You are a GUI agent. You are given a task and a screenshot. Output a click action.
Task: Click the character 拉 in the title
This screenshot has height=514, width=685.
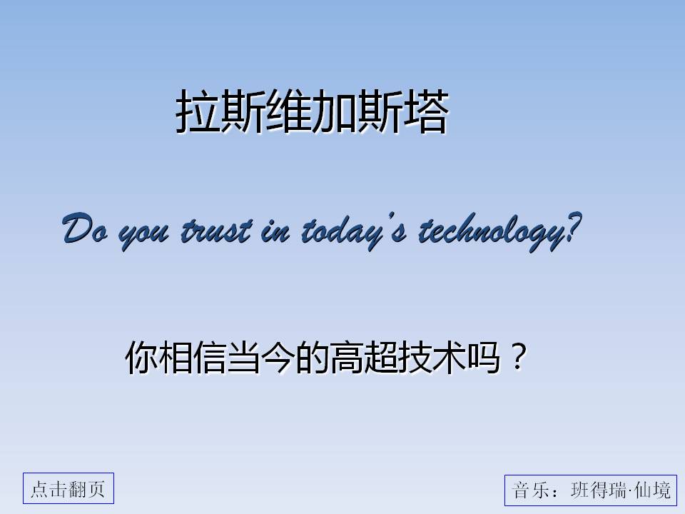pyautogui.click(x=198, y=111)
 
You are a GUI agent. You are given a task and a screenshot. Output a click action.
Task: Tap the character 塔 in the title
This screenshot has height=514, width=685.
pyautogui.click(x=426, y=111)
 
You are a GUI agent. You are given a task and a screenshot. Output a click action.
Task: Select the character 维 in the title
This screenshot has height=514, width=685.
pyautogui.click(x=289, y=111)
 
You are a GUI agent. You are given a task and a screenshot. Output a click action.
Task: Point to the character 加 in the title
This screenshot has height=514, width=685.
pyautogui.click(x=334, y=111)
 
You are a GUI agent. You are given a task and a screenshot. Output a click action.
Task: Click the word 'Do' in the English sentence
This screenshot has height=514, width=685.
pyautogui.click(x=85, y=228)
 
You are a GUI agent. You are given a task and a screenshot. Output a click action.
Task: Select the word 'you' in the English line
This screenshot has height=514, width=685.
pyautogui.click(x=143, y=235)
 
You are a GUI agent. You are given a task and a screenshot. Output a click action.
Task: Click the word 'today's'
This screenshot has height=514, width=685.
pyautogui.click(x=354, y=231)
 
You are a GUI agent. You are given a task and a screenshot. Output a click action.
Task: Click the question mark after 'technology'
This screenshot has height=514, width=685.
pyautogui.click(x=573, y=227)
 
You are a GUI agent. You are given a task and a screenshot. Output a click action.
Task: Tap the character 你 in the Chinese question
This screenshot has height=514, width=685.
pyautogui.click(x=142, y=357)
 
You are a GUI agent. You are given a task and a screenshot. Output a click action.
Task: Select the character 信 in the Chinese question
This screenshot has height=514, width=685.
pyautogui.click(x=210, y=357)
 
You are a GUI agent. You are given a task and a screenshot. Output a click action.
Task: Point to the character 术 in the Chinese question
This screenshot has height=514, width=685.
pyautogui.click(x=449, y=357)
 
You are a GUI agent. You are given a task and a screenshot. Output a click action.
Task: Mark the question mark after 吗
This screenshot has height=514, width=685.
pyautogui.click(x=519, y=356)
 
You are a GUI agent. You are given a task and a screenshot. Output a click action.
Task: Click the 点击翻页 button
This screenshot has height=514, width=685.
pyautogui.click(x=68, y=488)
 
